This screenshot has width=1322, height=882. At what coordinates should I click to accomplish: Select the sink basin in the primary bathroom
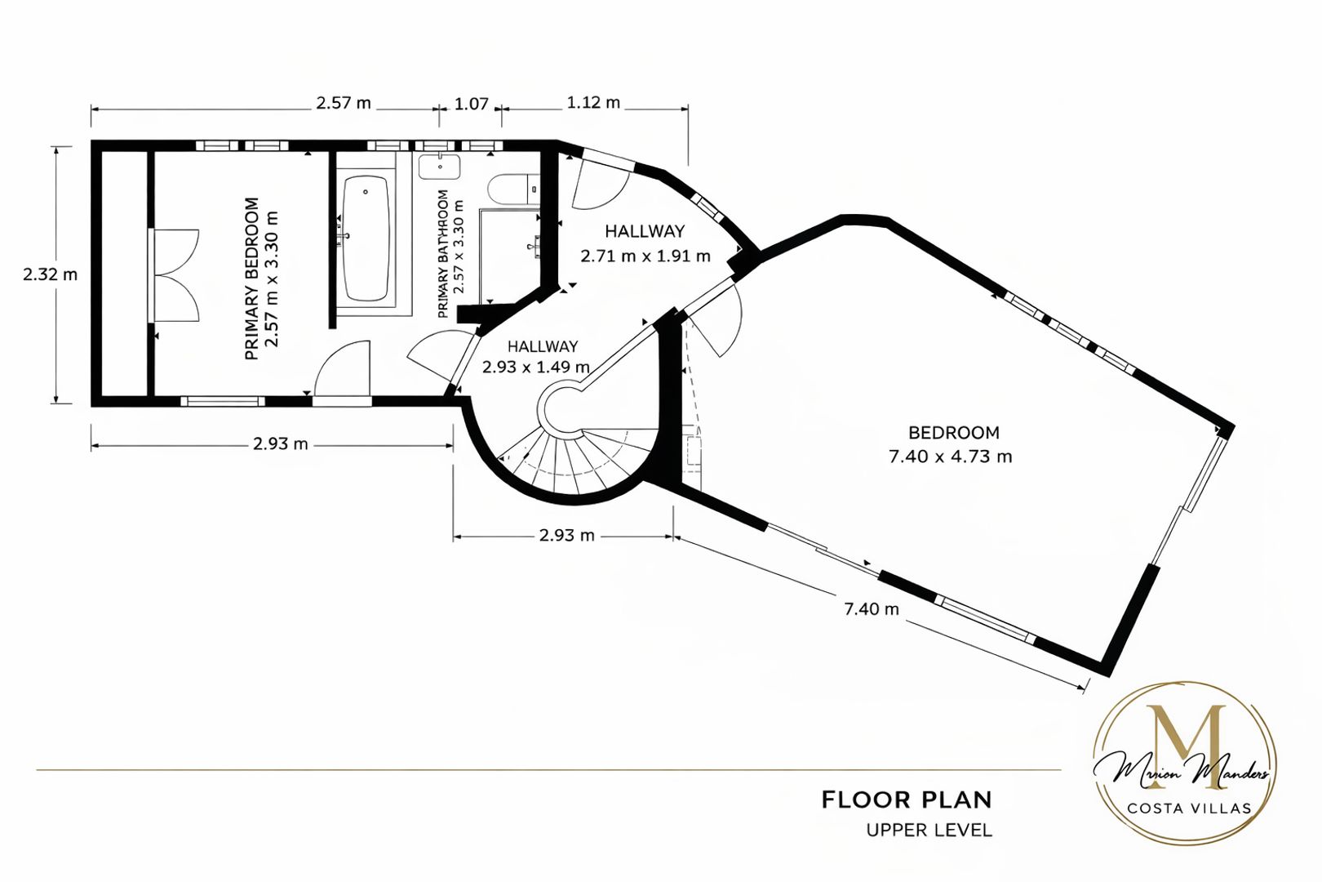439,167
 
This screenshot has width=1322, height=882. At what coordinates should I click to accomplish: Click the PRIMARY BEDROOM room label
251,278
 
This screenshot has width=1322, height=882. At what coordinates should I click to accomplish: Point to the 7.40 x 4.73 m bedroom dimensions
950,457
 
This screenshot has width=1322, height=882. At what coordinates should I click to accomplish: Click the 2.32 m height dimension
50,274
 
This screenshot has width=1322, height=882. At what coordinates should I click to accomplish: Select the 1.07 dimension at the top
471,104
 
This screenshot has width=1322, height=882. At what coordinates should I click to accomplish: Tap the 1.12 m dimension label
593,103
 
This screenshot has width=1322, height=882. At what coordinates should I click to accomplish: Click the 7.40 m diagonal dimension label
871,608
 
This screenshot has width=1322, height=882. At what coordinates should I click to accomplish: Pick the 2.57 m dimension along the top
344,103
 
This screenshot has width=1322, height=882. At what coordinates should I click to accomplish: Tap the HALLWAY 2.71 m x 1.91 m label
645,243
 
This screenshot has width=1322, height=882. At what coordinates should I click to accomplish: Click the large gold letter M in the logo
1185,746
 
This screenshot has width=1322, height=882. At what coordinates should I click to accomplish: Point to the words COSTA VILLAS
1189,808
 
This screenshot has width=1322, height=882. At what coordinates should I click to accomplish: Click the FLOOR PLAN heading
907,800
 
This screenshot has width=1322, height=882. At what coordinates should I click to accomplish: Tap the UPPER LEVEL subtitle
929,831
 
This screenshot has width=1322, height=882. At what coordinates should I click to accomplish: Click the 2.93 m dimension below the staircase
566,536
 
